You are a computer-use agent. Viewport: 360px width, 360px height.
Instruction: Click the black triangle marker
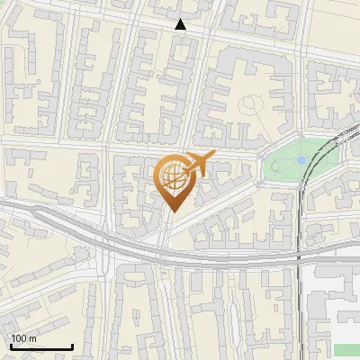pos(181,24)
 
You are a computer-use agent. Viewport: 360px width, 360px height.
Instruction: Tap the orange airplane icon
pos(198,164)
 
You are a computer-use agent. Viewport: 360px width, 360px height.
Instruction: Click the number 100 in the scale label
pos(19,337)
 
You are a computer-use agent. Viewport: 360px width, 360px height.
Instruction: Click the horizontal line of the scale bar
pos(40,346)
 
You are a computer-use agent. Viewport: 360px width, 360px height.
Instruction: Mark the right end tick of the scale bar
pos(72,345)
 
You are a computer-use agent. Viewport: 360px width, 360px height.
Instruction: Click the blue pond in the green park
pos(301,160)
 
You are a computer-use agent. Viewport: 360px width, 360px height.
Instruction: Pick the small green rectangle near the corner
pos(346,349)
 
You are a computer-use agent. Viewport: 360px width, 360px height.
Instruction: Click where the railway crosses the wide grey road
pos(298,259)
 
